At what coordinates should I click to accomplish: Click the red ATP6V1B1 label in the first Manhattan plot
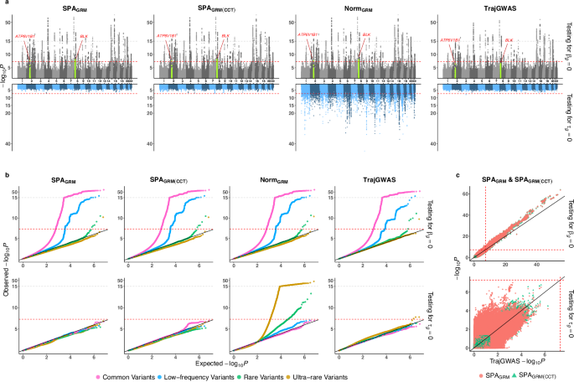pos(25,37)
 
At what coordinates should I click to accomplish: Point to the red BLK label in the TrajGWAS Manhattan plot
pos(509,39)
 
